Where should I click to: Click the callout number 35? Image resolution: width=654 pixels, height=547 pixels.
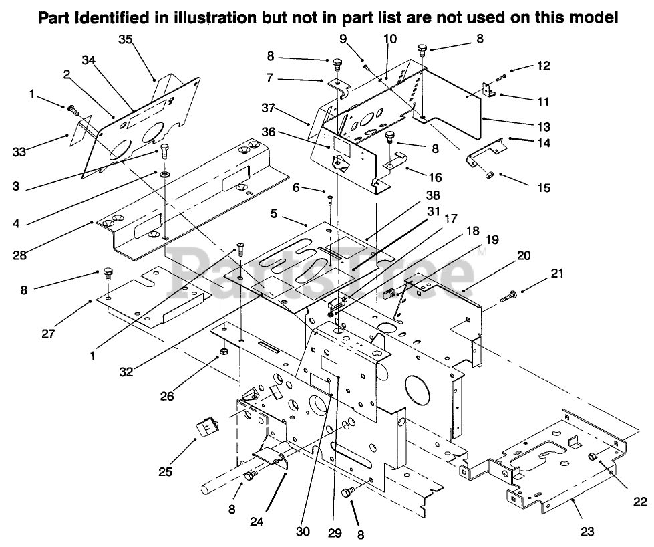pyautogui.click(x=125, y=39)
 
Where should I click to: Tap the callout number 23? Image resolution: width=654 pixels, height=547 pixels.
pyautogui.click(x=587, y=532)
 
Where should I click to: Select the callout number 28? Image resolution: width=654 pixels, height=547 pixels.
pyautogui.click(x=19, y=255)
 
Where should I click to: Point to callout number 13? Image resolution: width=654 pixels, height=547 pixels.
pyautogui.click(x=544, y=126)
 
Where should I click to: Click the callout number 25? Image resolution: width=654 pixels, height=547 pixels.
pyautogui.click(x=165, y=472)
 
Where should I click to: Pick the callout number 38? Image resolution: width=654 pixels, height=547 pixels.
pyautogui.click(x=433, y=195)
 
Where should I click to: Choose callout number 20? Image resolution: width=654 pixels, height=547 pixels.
pyautogui.click(x=524, y=255)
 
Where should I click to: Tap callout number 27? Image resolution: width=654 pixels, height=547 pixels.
pyautogui.click(x=48, y=333)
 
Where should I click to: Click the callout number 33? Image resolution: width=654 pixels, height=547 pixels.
pyautogui.click(x=19, y=152)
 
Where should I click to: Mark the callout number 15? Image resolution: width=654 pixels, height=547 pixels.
pyautogui.click(x=544, y=187)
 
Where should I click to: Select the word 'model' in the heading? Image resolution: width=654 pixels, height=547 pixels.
pyautogui.click(x=594, y=17)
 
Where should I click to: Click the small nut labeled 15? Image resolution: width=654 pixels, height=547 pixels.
pyautogui.click(x=489, y=174)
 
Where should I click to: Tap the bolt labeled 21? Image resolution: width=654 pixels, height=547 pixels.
pyautogui.click(x=508, y=297)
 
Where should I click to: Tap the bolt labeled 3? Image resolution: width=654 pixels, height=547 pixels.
pyautogui.click(x=164, y=152)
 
